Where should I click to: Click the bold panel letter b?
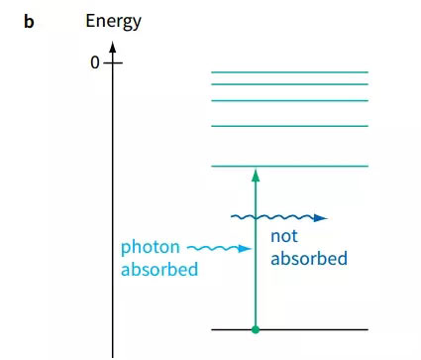(29, 22)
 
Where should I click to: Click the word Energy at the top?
(113, 22)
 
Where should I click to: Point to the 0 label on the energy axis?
(95, 62)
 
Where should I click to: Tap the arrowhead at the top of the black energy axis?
(113, 47)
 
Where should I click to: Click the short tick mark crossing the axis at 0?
(113, 62)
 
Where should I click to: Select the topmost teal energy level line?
(289, 72)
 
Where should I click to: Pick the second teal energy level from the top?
(289, 84)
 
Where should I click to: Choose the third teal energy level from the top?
(289, 100)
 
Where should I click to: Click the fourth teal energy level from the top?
(289, 126)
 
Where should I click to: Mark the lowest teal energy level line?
(289, 166)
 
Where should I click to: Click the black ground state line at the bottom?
(289, 329)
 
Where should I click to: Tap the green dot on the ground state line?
(256, 329)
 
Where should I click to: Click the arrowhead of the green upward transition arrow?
(256, 176)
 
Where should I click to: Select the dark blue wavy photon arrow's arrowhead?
(320, 218)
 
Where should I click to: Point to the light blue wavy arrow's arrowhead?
(245, 249)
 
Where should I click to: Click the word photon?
(151, 248)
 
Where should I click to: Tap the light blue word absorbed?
(159, 270)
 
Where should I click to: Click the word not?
(284, 236)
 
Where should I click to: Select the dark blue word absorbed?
(309, 258)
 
